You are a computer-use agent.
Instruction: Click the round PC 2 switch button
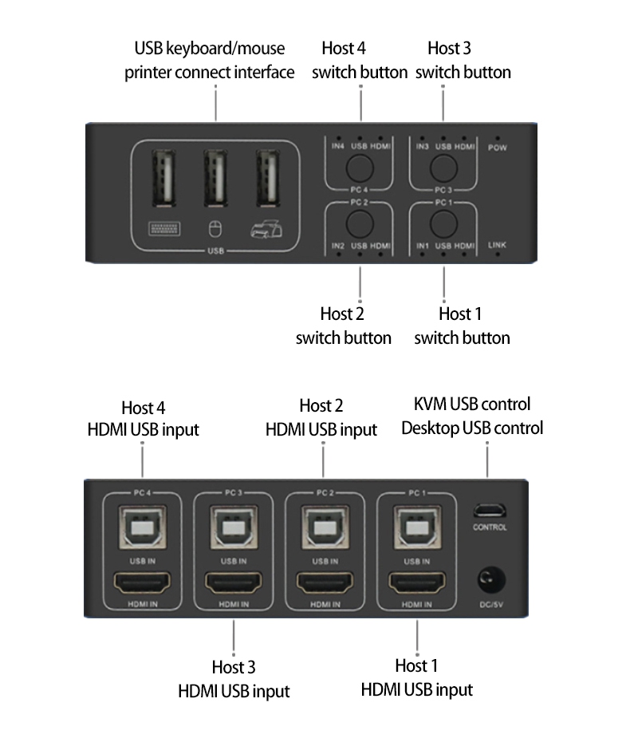(360, 223)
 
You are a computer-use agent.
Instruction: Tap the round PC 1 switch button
(443, 223)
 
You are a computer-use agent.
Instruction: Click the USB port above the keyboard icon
(163, 179)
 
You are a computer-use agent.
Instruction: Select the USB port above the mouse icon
(215, 179)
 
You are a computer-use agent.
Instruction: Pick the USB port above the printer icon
(268, 179)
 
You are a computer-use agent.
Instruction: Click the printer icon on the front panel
(267, 229)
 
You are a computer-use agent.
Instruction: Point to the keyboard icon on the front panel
(164, 229)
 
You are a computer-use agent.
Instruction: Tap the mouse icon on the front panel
(215, 230)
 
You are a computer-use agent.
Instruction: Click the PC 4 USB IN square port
(143, 527)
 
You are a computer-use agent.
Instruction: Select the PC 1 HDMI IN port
(417, 583)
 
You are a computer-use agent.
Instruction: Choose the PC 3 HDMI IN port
(234, 583)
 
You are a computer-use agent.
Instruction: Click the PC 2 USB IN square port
(325, 527)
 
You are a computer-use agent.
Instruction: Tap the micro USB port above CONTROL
(490, 511)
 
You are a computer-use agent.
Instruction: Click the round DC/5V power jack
(491, 580)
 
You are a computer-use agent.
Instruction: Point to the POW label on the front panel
(498, 148)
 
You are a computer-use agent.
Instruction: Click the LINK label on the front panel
(497, 245)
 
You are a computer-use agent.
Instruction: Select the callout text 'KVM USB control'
(472, 405)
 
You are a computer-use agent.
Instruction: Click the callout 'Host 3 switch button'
(463, 60)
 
